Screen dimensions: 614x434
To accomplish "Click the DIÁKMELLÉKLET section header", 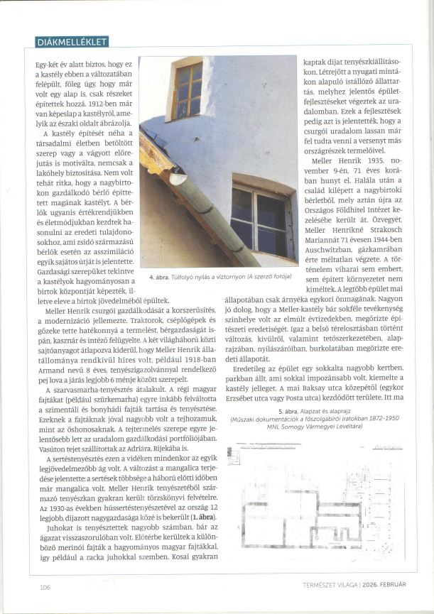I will coord(72,42).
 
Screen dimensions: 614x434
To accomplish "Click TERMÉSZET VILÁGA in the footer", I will coord(331,584).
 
